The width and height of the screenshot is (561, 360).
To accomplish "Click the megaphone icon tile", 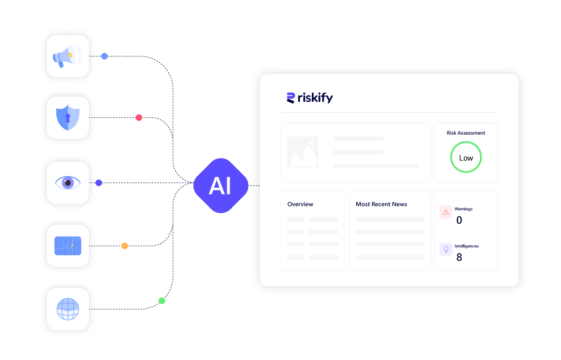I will (x=68, y=56).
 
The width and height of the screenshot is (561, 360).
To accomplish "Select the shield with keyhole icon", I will (x=68, y=117).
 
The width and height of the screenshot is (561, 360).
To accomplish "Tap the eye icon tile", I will (x=68, y=183).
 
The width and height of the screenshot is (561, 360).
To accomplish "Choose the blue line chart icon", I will (x=68, y=245).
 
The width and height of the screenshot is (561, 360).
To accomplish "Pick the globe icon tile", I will (x=68, y=309).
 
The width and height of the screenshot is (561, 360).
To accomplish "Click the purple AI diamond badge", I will (x=221, y=186).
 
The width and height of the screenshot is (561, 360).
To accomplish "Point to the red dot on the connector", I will (x=139, y=117).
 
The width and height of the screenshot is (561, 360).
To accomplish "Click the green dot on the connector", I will (x=162, y=301).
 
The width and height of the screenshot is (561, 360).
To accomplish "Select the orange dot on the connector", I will (x=124, y=245).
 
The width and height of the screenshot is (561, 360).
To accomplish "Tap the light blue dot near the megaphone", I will (x=104, y=56).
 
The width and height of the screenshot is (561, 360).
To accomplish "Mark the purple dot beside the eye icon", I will (x=99, y=183).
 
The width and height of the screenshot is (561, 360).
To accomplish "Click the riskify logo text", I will (x=315, y=98).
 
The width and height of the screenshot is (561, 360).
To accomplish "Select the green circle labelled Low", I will (x=466, y=158).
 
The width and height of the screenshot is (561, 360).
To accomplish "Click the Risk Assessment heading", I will (x=466, y=133).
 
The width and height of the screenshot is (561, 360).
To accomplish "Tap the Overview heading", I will (x=300, y=204).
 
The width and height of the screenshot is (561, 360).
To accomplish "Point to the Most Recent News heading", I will (x=381, y=204).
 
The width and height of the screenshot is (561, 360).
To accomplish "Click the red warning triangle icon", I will (x=446, y=212).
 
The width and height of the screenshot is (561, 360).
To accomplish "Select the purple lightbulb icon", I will (x=446, y=249).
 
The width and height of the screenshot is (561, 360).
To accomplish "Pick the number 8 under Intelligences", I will (x=459, y=257).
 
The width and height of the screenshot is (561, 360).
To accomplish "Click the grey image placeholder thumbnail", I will (x=302, y=152).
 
